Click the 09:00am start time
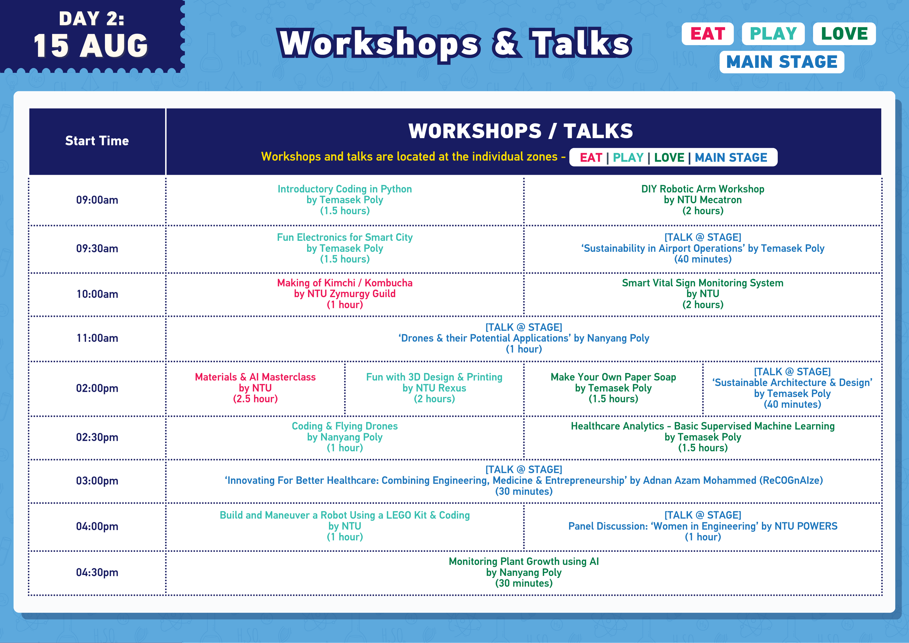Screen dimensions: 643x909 coord(97,200)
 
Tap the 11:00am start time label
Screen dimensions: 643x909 coord(97,338)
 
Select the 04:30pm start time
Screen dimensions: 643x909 coord(97,572)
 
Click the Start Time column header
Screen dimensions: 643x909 coord(97,141)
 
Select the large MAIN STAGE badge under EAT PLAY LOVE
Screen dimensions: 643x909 coord(782,62)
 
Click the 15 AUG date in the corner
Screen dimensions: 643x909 coord(91,46)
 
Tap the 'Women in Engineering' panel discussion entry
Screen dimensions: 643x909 coord(703,526)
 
